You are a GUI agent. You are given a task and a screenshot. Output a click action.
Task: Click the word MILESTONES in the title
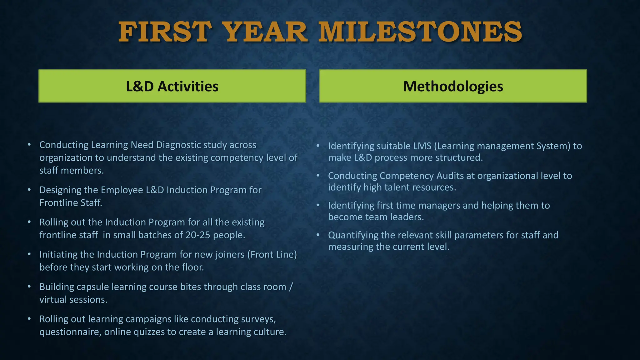tap(420, 32)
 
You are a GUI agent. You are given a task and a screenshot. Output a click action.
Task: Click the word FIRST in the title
tap(165, 32)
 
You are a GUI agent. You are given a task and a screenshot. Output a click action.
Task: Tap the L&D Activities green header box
tap(172, 86)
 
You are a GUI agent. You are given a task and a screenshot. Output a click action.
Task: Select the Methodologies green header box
tap(453, 86)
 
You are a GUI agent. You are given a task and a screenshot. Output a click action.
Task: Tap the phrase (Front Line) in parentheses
tap(272, 255)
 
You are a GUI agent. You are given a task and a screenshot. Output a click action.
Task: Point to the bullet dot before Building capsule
tap(29, 286)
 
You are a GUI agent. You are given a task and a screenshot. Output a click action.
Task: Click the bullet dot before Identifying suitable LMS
tap(318, 146)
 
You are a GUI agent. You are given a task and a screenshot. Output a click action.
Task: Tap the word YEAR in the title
tap(266, 32)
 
